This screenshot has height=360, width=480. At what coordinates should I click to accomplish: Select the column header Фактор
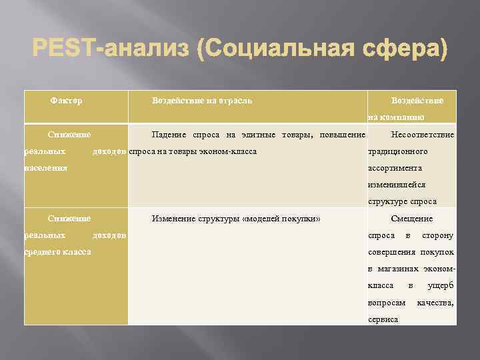(67, 101)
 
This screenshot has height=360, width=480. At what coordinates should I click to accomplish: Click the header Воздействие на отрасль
(202, 101)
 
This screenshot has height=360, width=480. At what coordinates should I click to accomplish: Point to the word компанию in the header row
(404, 117)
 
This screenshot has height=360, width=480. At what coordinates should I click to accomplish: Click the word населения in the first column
(45, 168)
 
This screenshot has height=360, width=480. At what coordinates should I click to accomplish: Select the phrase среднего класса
(57, 252)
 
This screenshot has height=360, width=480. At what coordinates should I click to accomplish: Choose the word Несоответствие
(423, 135)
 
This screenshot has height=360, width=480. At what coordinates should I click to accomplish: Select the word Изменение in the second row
(175, 219)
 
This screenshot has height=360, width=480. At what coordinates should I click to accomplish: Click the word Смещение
(411, 219)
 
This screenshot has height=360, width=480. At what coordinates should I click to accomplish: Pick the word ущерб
(441, 286)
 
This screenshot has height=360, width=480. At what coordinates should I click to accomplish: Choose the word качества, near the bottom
(435, 303)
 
